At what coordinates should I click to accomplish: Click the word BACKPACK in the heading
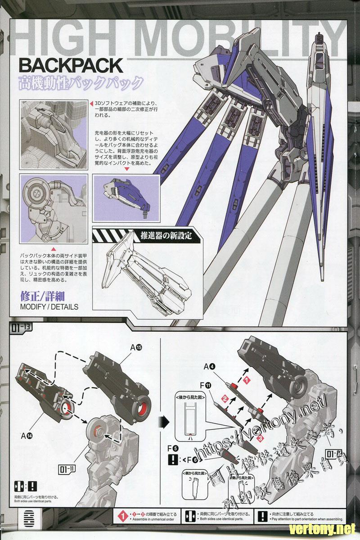tap(71, 65)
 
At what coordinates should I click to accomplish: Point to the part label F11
tap(205, 385)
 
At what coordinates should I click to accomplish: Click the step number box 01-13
tap(20, 328)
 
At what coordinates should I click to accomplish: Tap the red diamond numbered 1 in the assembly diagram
tap(247, 381)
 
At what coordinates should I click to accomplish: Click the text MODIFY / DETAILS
tap(49, 307)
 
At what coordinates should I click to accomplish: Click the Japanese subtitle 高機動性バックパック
tap(81, 84)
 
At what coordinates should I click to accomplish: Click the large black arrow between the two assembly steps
tap(165, 422)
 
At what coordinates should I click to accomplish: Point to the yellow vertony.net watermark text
tap(323, 528)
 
